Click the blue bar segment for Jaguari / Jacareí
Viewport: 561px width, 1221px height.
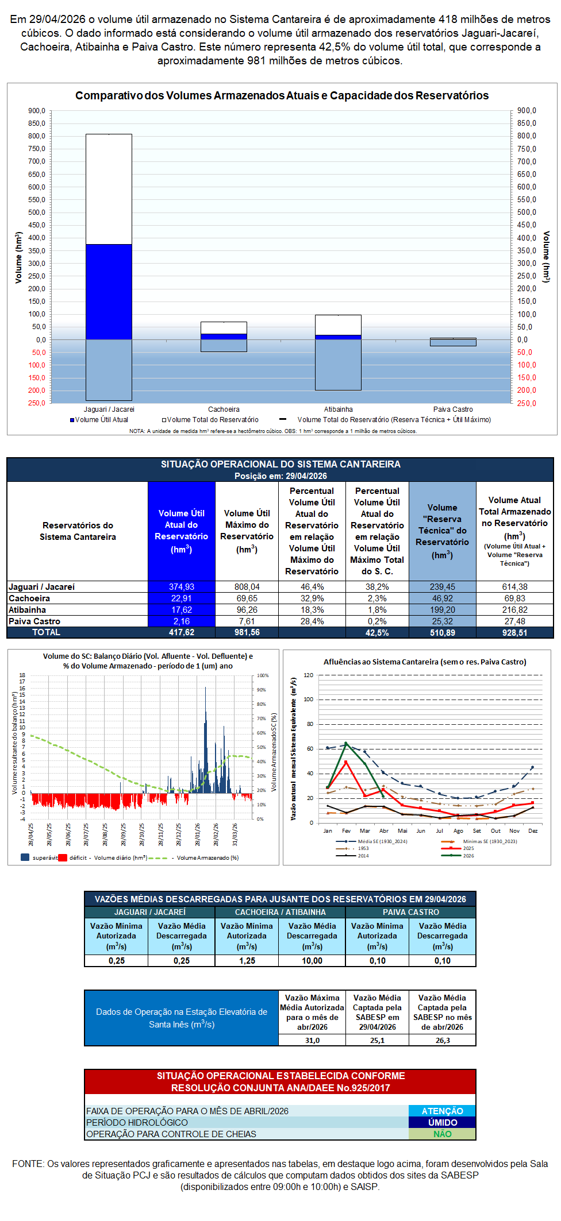pos(109,292)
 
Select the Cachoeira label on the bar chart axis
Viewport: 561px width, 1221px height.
pos(224,409)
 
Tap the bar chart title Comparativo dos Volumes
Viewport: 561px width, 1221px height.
pos(282,96)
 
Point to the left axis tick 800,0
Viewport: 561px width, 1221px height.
pos(37,136)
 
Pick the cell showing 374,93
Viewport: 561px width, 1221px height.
pos(182,587)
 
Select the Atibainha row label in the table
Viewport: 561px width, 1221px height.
pos(28,610)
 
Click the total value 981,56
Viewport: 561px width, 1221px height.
pos(247,632)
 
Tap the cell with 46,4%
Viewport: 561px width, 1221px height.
pos(312,587)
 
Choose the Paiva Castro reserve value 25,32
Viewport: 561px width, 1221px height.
pos(443,621)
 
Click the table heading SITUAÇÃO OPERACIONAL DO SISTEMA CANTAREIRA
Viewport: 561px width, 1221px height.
pos(280,464)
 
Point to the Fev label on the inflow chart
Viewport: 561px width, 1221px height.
pos(346,831)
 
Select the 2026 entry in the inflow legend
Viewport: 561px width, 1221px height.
pos(468,856)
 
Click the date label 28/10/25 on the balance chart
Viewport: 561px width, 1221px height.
pos(142,834)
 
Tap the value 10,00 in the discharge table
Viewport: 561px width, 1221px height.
pos(312,961)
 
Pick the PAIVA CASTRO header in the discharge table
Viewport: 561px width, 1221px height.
pos(411,912)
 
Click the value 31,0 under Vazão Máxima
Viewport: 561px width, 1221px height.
pos(312,1041)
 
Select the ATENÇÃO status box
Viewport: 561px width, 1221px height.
pos(442,1111)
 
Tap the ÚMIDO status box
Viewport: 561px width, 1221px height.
pos(442,1123)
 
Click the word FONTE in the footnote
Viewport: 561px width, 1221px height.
pos(28,1164)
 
